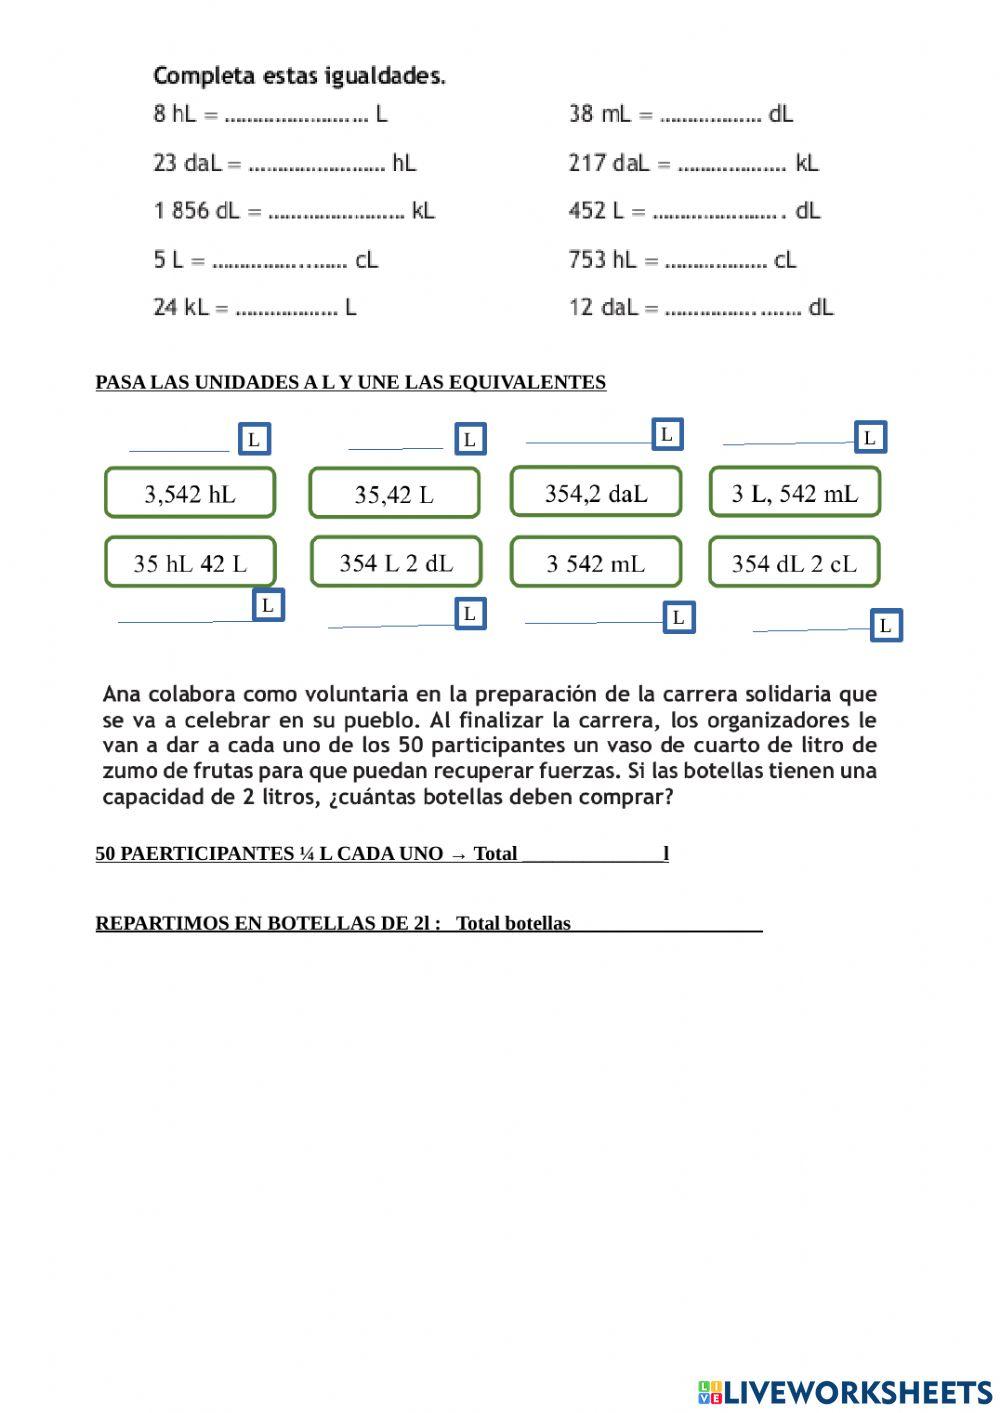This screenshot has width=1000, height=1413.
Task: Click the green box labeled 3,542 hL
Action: click(190, 493)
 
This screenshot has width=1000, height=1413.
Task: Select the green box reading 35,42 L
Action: click(394, 494)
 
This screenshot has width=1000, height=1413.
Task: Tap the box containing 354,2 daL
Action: click(596, 492)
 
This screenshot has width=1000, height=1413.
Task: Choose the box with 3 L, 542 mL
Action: click(795, 492)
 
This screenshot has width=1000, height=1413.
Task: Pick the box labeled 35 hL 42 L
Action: click(190, 562)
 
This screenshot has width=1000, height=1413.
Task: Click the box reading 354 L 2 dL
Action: click(396, 562)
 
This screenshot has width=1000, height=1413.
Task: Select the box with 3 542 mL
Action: click(596, 563)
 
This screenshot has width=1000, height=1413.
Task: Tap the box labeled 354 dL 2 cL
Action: click(794, 562)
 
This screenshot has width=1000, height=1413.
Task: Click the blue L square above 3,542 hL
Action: click(254, 439)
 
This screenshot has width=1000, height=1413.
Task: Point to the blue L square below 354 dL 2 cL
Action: click(885, 626)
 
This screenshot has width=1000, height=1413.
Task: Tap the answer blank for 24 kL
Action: click(287, 308)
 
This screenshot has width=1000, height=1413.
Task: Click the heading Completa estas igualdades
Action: click(299, 76)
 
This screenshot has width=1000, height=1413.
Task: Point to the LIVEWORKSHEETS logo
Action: click(845, 1391)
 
